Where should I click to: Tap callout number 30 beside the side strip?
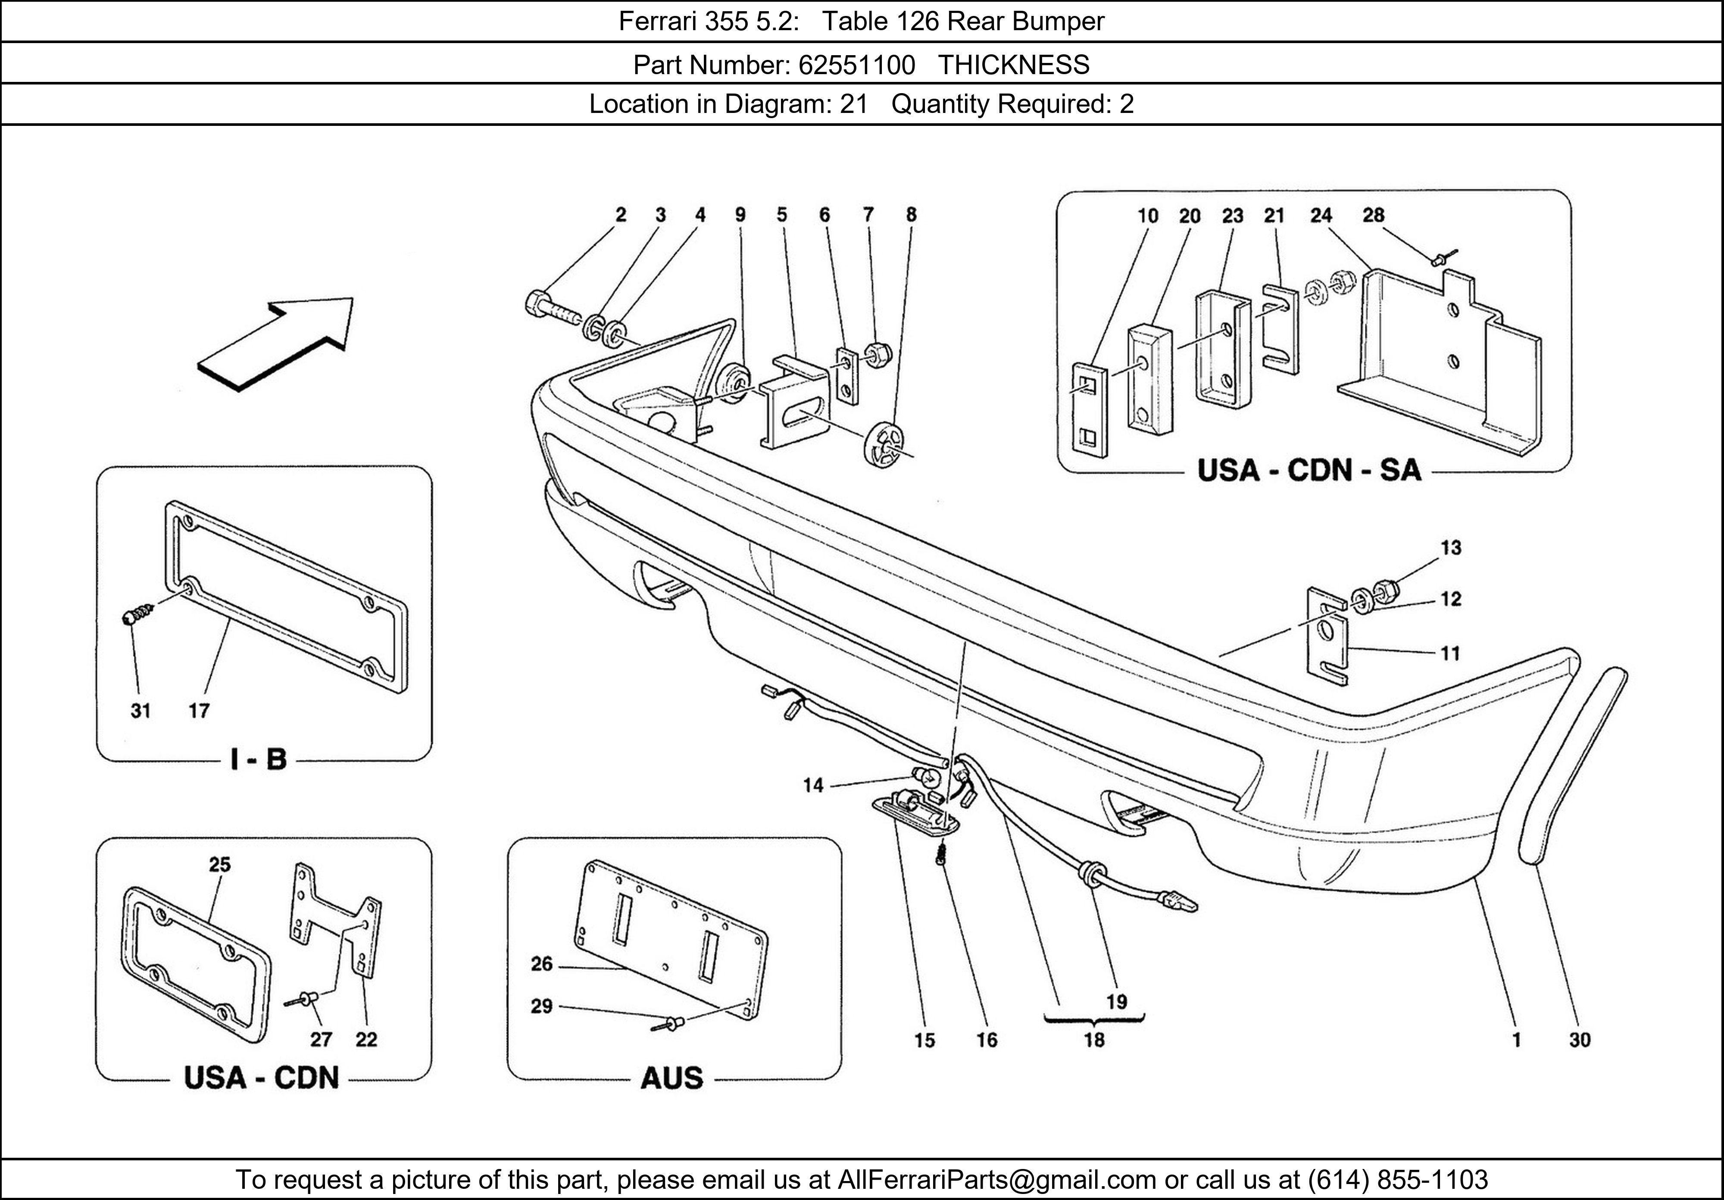click(1580, 1040)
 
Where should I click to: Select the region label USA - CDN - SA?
click(1309, 471)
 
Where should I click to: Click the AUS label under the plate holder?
click(671, 1078)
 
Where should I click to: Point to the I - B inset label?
click(258, 760)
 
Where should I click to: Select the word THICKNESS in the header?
click(1014, 66)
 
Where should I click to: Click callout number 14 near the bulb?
click(813, 785)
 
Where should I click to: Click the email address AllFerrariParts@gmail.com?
click(996, 1180)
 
